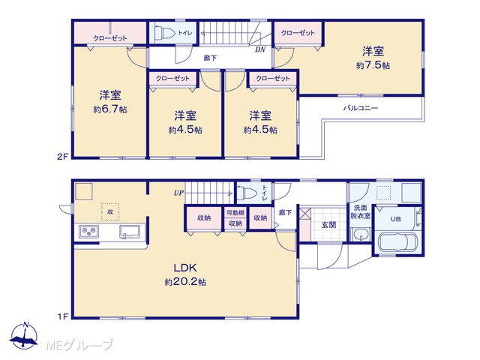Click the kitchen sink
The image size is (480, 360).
[x=130, y=232]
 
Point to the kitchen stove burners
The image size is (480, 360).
[x=88, y=232]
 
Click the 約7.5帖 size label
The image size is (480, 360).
[x=373, y=65]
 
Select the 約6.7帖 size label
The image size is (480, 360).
[x=110, y=109]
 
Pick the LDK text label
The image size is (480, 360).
[x=185, y=268]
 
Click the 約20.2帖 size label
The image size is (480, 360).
[x=185, y=282]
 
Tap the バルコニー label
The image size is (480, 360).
[x=360, y=108]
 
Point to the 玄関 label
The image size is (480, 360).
[x=329, y=225]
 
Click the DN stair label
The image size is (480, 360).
[x=260, y=49]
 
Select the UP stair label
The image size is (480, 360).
[x=178, y=193]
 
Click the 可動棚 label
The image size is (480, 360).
[x=235, y=213]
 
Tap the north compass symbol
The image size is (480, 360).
[x=24, y=336]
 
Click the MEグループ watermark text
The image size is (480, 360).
[x=79, y=345]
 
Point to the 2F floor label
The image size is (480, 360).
[x=62, y=157]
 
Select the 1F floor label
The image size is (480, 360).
[x=63, y=316]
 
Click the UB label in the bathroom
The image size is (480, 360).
[x=395, y=219]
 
